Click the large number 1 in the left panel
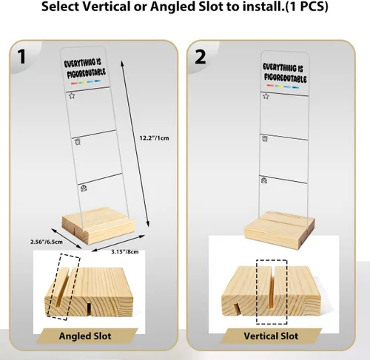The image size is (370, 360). [22, 57]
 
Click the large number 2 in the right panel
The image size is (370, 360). [201, 57]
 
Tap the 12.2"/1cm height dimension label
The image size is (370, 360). [155, 138]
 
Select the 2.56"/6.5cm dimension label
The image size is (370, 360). [47, 242]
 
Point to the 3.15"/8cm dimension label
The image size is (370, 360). [125, 252]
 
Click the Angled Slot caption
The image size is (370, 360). [85, 336]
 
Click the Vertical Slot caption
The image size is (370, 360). [271, 336]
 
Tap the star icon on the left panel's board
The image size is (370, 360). [72, 95]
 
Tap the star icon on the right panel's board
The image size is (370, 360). [266, 96]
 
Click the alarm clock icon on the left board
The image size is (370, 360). [78, 142]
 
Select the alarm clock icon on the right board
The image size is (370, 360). [265, 138]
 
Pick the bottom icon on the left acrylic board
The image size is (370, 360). [84, 189]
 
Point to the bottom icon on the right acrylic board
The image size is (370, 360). [264, 180]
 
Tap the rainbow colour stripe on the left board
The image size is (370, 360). [86, 82]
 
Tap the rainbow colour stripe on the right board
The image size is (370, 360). [283, 86]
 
